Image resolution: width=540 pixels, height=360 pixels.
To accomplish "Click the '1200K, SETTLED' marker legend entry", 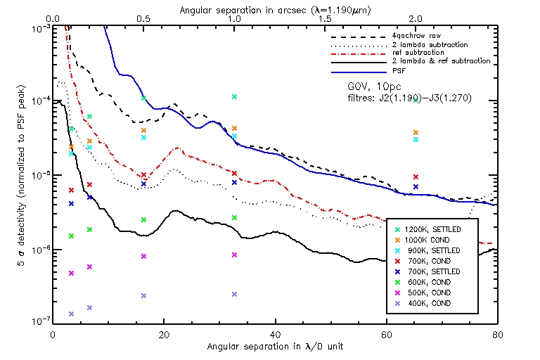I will click(433, 229).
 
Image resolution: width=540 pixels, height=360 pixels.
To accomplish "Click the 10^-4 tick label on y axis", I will click(40, 101).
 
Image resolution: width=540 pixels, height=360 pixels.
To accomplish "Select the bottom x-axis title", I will click(275, 347).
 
